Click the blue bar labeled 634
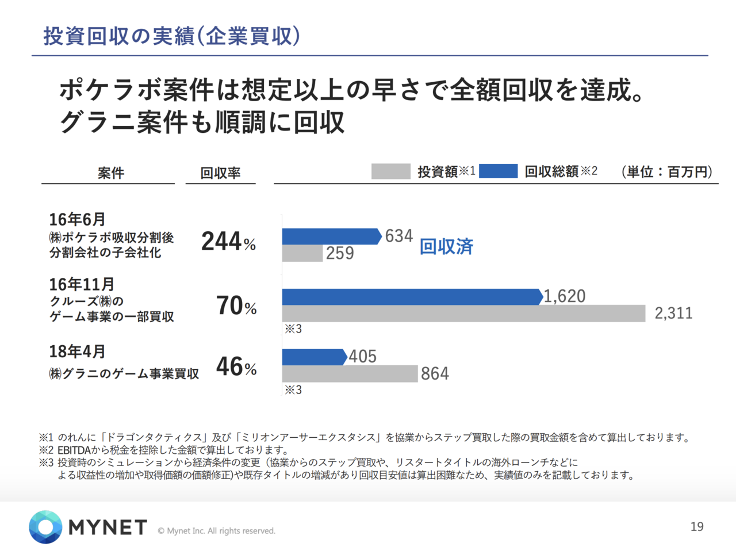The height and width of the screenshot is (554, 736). (x=331, y=236)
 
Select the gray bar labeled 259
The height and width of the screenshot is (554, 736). (x=302, y=253)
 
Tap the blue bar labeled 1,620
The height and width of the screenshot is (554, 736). (x=411, y=297)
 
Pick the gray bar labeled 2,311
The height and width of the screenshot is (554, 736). (x=463, y=314)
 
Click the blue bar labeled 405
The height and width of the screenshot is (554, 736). (x=313, y=357)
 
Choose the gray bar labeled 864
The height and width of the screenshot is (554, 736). (x=350, y=374)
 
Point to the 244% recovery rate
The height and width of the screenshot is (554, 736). (x=228, y=242)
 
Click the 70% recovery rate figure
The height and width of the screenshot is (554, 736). (x=236, y=306)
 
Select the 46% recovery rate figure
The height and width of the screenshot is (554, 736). (x=236, y=367)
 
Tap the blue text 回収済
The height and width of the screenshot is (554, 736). (x=446, y=247)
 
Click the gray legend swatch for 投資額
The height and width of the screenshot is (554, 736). (x=390, y=171)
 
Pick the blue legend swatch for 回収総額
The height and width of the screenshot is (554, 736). (x=498, y=171)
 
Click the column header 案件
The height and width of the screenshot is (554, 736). (x=110, y=173)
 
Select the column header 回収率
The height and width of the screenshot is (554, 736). (x=220, y=173)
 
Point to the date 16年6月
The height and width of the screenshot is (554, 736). (x=77, y=220)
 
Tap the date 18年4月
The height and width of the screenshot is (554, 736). (x=77, y=351)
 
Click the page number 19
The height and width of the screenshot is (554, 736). (x=697, y=526)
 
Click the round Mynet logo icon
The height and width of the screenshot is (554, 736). (x=45, y=526)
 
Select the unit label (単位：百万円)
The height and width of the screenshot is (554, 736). (x=667, y=171)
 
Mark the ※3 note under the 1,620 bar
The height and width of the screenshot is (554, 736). (x=293, y=329)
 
